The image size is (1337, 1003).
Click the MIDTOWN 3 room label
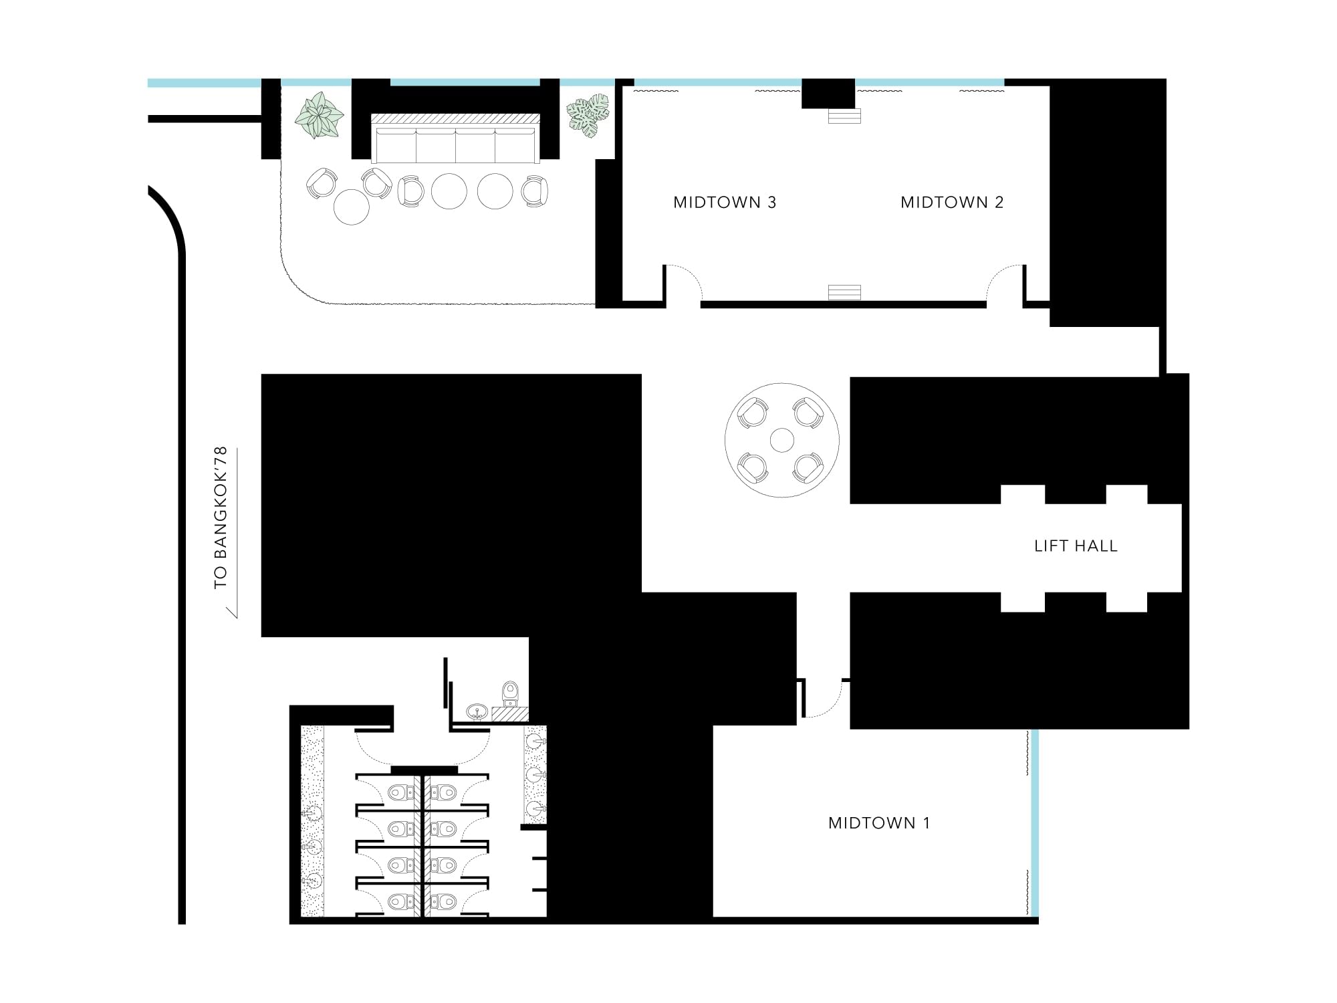point(725,203)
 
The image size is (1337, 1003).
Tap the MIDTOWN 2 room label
point(952,203)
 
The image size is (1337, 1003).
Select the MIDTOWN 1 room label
point(879,823)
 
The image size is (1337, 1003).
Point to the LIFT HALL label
point(1076,546)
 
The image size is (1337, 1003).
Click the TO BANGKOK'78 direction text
point(221,518)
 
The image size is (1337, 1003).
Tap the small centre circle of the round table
point(781,441)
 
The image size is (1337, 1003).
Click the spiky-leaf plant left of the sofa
point(319,115)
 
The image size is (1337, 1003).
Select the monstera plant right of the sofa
point(588,115)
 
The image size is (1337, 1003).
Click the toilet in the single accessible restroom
point(510,693)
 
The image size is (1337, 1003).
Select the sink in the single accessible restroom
point(476,711)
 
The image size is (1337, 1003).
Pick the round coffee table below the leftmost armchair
point(351,207)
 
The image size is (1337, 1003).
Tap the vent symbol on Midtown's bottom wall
point(844,292)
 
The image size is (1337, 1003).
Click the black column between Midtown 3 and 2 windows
point(828,93)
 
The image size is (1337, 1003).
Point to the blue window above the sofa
point(465,83)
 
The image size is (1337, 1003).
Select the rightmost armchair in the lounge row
point(535,191)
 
